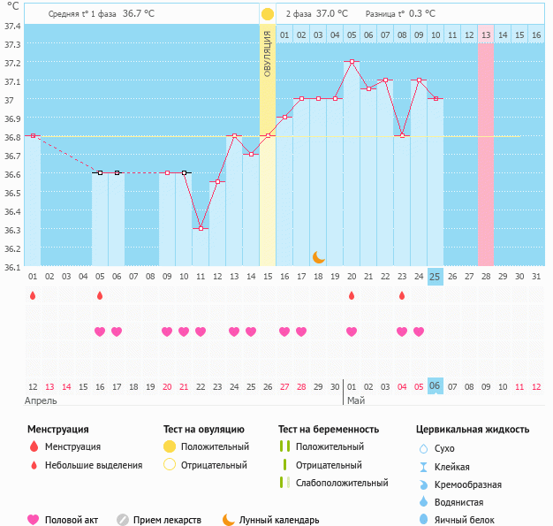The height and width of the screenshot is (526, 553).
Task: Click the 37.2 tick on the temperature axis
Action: (12, 63)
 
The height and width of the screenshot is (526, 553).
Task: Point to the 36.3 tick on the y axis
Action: (12, 229)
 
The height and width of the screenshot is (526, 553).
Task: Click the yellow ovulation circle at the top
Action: (267, 14)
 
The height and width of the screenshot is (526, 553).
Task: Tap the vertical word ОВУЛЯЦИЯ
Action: (267, 53)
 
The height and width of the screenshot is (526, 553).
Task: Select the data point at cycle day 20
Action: (352, 61)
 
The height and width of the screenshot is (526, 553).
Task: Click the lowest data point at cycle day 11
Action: (201, 228)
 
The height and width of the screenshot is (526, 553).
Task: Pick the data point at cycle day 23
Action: (402, 135)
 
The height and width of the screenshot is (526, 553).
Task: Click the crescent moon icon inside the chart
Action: (319, 257)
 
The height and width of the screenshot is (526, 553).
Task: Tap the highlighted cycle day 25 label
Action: (435, 276)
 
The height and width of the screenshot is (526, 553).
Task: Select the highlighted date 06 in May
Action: (435, 386)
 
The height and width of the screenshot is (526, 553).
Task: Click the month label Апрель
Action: (42, 400)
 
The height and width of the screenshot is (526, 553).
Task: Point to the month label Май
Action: (355, 400)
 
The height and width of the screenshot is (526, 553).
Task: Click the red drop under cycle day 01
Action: (33, 295)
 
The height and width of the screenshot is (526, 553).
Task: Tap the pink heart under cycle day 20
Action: (352, 332)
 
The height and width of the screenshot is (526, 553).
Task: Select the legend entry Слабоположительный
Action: (342, 483)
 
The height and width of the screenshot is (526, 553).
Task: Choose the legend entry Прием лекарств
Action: (167, 520)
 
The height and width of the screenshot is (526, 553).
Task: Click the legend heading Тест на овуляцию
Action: (204, 429)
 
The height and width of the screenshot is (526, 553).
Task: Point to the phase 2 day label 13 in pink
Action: (486, 34)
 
